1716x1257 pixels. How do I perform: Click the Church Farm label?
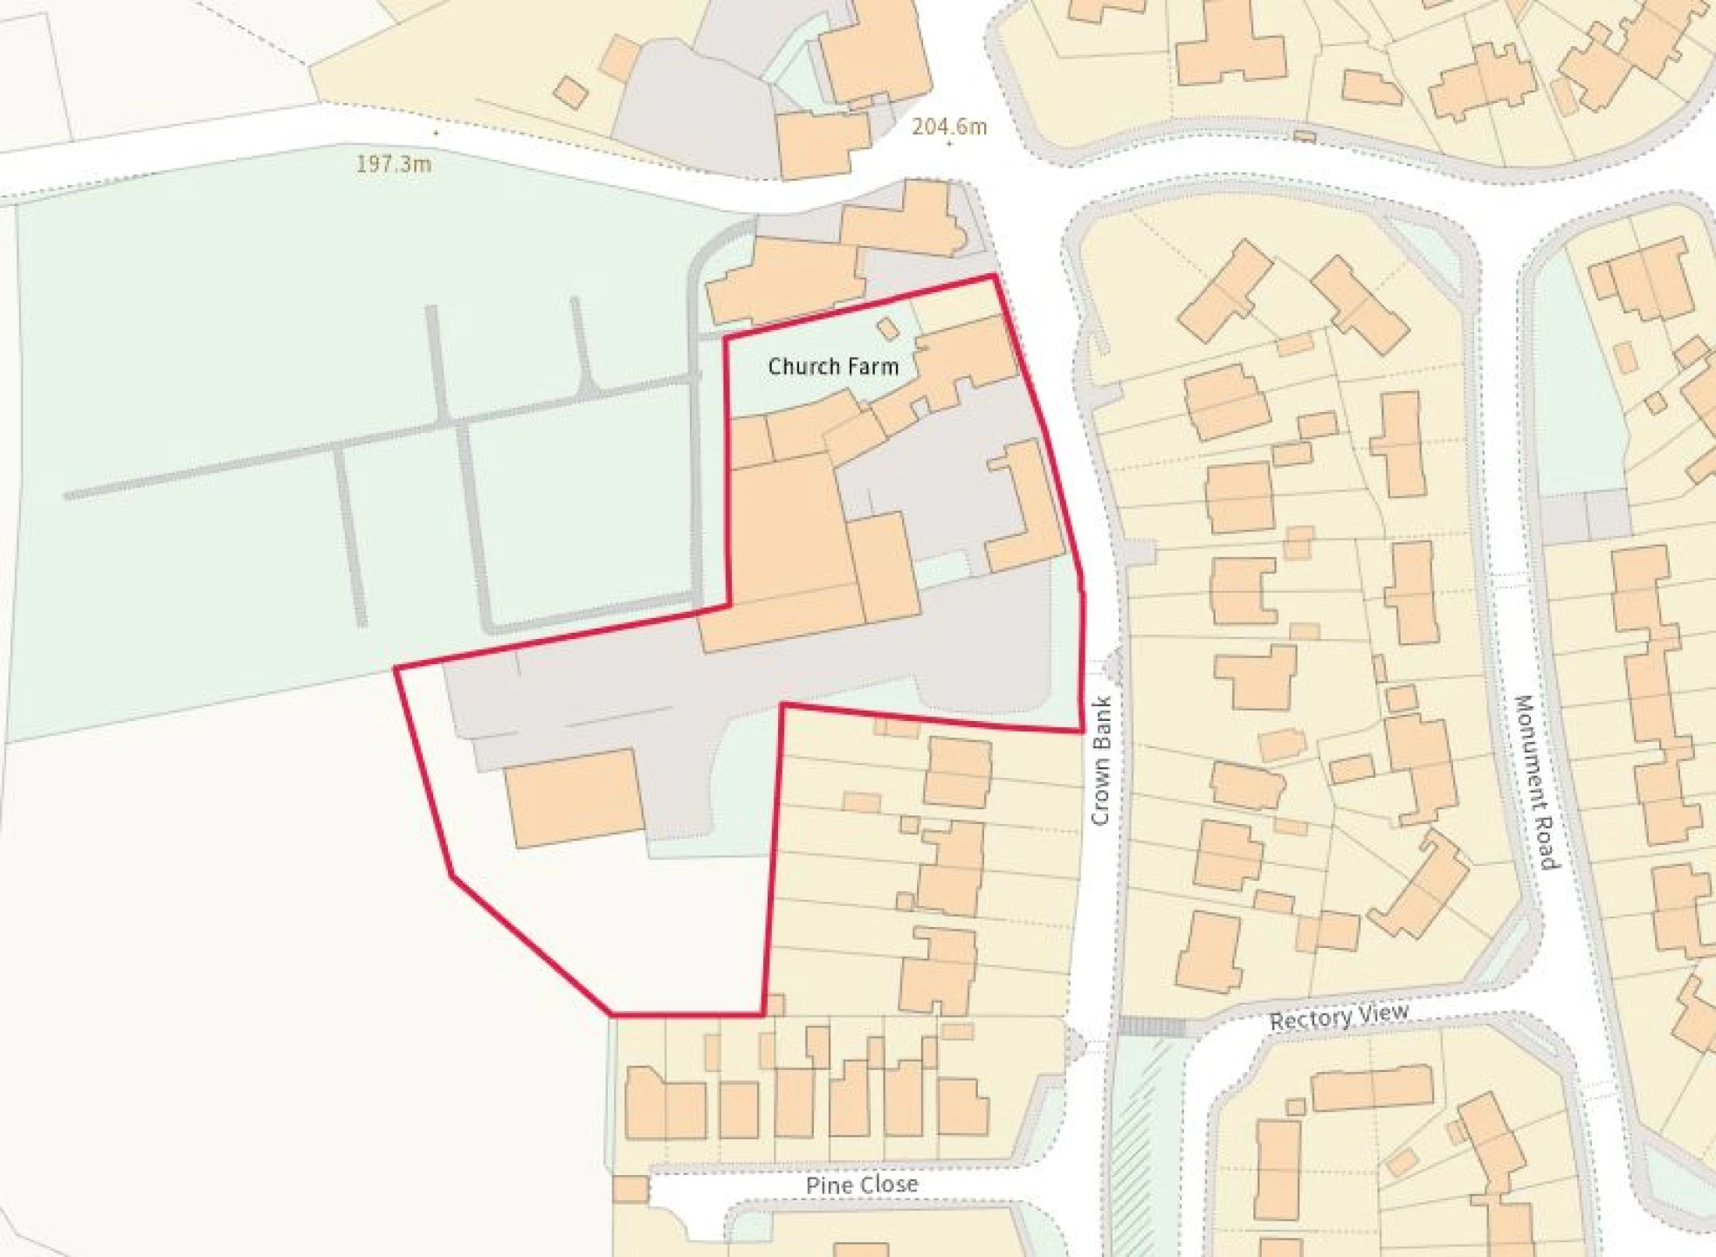click(833, 367)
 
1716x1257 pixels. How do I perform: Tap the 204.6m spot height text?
click(949, 127)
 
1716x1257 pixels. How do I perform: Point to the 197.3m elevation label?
click(393, 164)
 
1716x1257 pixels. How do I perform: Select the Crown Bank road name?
click(1100, 759)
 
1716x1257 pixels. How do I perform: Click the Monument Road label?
click(1536, 781)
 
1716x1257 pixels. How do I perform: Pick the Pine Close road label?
click(861, 1185)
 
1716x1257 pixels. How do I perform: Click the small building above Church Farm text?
click(887, 329)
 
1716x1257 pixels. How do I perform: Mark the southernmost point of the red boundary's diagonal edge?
click(611, 1014)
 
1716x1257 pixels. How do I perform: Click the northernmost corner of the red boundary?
click(994, 276)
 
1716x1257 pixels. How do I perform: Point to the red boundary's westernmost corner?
click(396, 669)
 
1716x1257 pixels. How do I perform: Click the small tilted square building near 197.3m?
click(570, 92)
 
